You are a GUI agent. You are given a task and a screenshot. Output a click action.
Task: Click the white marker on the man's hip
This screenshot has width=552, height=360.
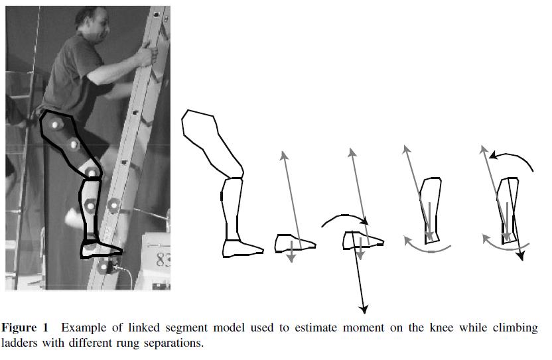(x=55, y=123)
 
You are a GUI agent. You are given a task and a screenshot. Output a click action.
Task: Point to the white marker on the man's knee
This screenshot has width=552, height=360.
(x=92, y=173)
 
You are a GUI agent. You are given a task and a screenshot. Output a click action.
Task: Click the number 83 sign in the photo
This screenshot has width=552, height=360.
(x=161, y=260)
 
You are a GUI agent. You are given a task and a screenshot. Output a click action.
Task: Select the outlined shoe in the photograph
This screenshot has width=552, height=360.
(x=100, y=249)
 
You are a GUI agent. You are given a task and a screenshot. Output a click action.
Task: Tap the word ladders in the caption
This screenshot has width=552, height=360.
(x=20, y=343)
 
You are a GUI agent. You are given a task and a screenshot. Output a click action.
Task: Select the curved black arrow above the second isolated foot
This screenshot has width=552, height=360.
(x=343, y=218)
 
